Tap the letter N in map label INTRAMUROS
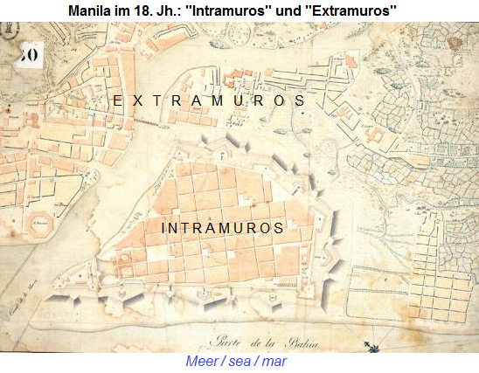(x=175, y=228)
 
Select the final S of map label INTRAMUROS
(x=279, y=228)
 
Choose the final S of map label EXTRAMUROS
(x=300, y=101)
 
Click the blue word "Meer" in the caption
(x=203, y=361)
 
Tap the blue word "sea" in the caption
(x=239, y=361)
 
